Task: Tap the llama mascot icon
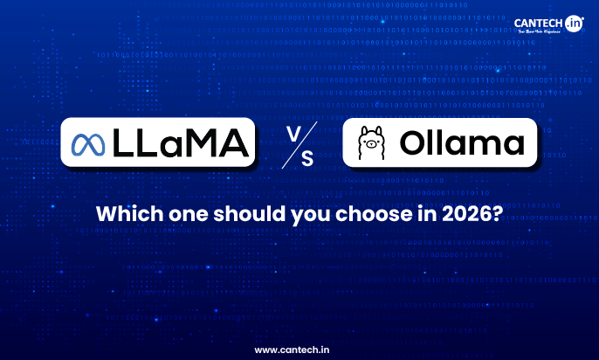(x=373, y=143)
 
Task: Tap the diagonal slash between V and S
(x=299, y=143)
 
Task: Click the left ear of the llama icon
(x=366, y=130)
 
